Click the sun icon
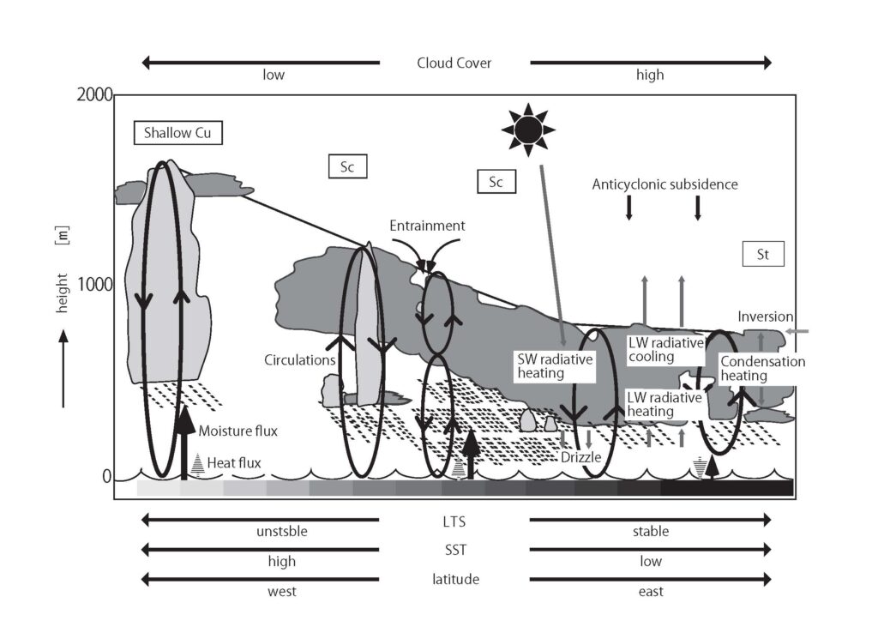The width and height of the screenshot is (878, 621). [527, 130]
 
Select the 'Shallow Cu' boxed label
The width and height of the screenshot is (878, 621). [177, 133]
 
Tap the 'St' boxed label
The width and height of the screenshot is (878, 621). [763, 254]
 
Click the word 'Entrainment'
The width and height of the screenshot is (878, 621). [427, 226]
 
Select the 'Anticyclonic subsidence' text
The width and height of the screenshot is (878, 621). [665, 184]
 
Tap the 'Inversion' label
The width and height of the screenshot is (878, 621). [766, 317]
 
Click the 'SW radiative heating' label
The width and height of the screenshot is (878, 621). [554, 366]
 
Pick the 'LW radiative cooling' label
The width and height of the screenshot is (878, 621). [665, 349]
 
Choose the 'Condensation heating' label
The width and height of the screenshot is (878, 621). [762, 369]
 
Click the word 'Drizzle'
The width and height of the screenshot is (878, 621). [580, 457]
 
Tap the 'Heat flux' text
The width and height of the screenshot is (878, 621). [234, 462]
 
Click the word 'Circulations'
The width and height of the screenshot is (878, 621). [300, 360]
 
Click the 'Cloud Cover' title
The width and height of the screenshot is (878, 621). [454, 63]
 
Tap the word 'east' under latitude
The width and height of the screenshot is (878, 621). [651, 591]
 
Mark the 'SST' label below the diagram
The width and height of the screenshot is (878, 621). [454, 549]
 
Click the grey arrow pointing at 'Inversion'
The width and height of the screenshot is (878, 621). [797, 330]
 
